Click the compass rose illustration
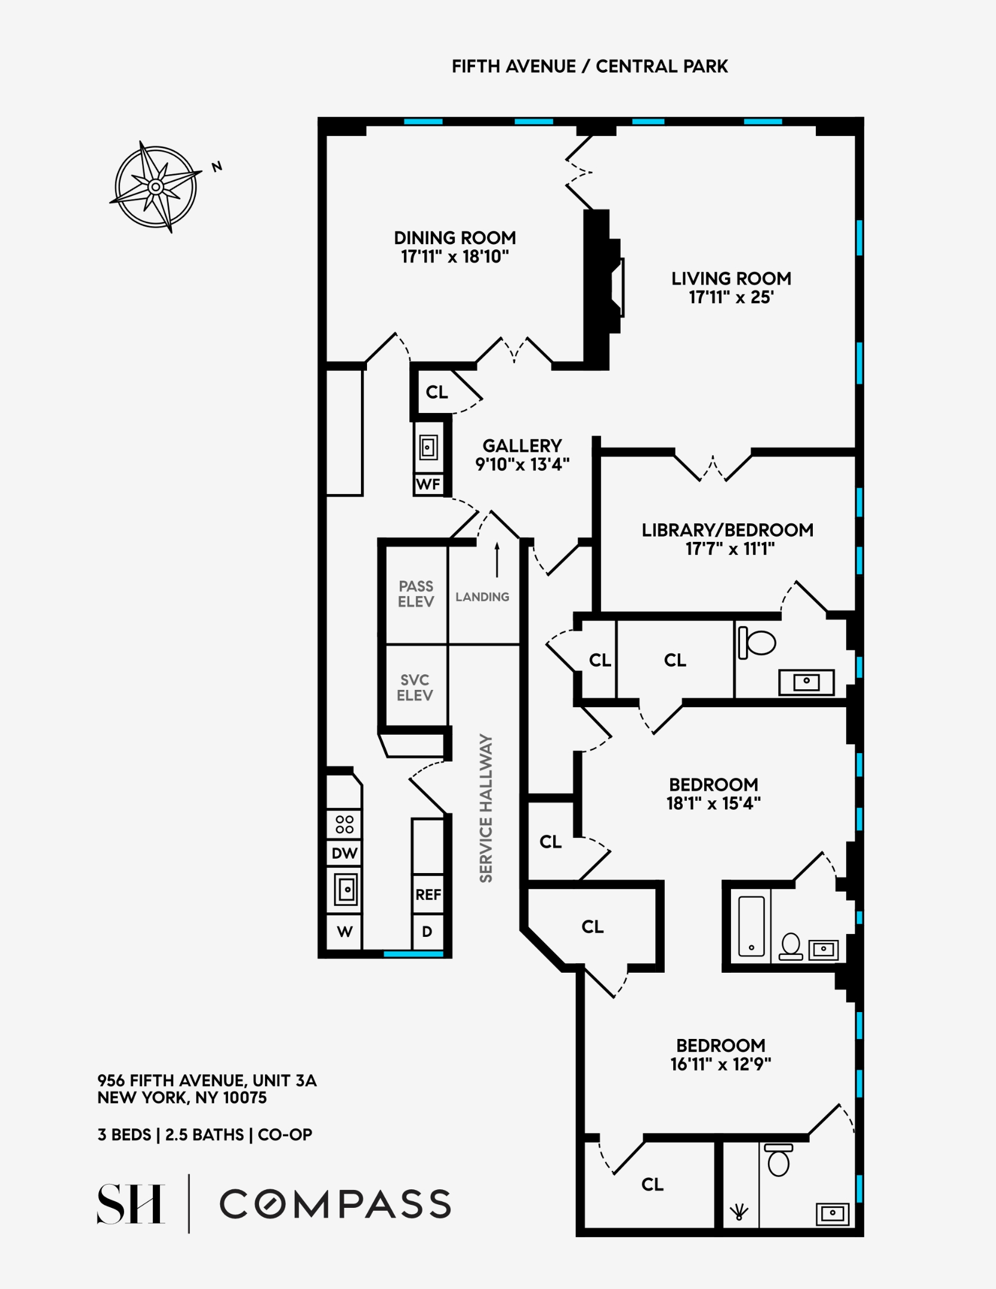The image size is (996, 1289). tap(156, 187)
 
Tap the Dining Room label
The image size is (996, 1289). tap(455, 238)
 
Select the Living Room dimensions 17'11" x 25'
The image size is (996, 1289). tap(731, 297)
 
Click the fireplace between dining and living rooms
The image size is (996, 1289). tap(603, 289)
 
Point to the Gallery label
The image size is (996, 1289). tap(522, 446)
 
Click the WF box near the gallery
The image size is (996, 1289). tap(428, 484)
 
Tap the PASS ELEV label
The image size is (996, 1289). tap(416, 594)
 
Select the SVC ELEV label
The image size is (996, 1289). tap(415, 687)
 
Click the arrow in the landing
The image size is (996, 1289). tap(497, 560)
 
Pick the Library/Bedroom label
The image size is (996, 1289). tap(727, 530)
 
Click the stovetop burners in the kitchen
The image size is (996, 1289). tap(344, 824)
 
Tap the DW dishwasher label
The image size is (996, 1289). tap(344, 853)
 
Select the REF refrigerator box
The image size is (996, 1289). tap(428, 895)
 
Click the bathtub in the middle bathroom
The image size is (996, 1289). tap(751, 926)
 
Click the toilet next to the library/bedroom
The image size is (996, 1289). tap(757, 643)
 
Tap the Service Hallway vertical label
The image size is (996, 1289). tap(486, 808)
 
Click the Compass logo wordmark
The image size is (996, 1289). tap(335, 1204)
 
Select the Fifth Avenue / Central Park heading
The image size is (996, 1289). tap(590, 66)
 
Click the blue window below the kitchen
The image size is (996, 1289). tap(413, 954)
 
